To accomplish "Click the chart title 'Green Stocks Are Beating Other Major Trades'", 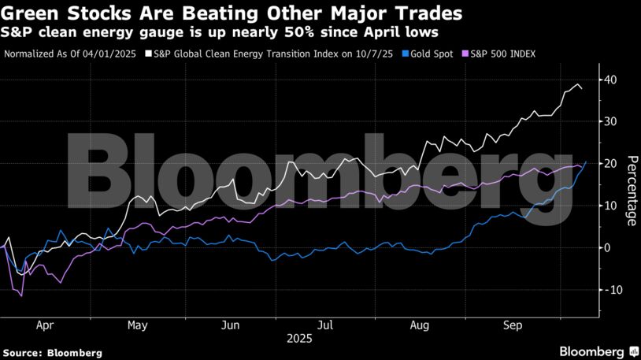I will (232, 13).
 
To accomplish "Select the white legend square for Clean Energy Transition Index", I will (148, 55).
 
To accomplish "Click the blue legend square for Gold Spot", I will (406, 55).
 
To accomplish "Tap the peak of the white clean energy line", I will (578, 84).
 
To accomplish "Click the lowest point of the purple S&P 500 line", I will (21, 295).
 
